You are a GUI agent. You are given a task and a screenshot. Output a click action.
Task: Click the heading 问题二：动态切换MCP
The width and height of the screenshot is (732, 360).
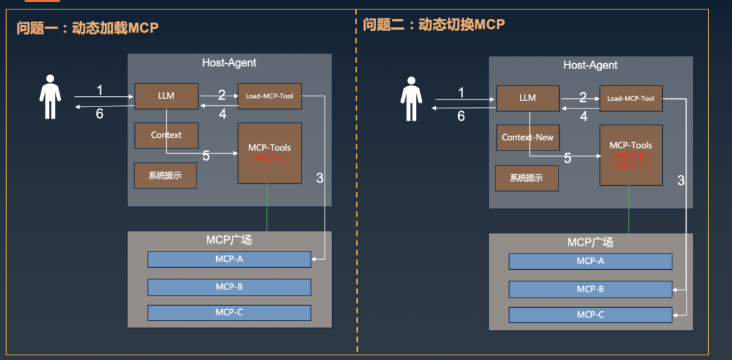[434, 25]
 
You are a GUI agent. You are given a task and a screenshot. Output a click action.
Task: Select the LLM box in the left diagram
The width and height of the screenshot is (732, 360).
[166, 96]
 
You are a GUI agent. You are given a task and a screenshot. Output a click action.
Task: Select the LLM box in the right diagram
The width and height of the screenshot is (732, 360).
[527, 98]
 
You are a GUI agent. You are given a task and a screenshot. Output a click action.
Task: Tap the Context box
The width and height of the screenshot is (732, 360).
[166, 135]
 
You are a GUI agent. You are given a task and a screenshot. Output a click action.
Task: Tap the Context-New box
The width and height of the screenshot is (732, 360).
[527, 138]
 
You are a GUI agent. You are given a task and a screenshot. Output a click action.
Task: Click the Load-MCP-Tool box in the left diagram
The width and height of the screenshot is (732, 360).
[269, 96]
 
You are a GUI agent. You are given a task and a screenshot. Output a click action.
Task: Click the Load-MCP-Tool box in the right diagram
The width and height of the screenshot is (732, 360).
[630, 98]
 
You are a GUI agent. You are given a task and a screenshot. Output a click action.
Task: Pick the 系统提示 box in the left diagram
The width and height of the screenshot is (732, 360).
[165, 175]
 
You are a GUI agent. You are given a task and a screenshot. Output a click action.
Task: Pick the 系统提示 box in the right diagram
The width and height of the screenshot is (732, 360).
[527, 178]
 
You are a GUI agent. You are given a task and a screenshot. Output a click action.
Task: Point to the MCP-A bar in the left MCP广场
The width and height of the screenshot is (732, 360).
[229, 259]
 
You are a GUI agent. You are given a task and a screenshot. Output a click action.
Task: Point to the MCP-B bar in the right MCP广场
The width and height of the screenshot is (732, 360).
[590, 289]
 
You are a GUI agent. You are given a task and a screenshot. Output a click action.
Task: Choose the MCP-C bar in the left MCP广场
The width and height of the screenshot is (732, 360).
[229, 313]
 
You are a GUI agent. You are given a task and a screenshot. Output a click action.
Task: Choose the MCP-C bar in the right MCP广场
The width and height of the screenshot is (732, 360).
[590, 315]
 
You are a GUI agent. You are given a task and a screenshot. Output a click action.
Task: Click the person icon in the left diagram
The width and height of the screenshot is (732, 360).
[49, 97]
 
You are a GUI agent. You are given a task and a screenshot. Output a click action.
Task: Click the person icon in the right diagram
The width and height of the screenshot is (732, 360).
[411, 99]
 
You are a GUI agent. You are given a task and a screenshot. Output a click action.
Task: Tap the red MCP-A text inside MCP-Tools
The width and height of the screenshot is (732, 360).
[269, 158]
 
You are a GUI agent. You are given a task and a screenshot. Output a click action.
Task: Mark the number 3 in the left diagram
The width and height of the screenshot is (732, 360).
[319, 178]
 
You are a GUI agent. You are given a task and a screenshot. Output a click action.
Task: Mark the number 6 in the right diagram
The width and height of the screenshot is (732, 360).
[461, 116]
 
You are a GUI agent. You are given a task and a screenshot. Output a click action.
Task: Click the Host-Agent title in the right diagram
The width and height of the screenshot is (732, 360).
[590, 65]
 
